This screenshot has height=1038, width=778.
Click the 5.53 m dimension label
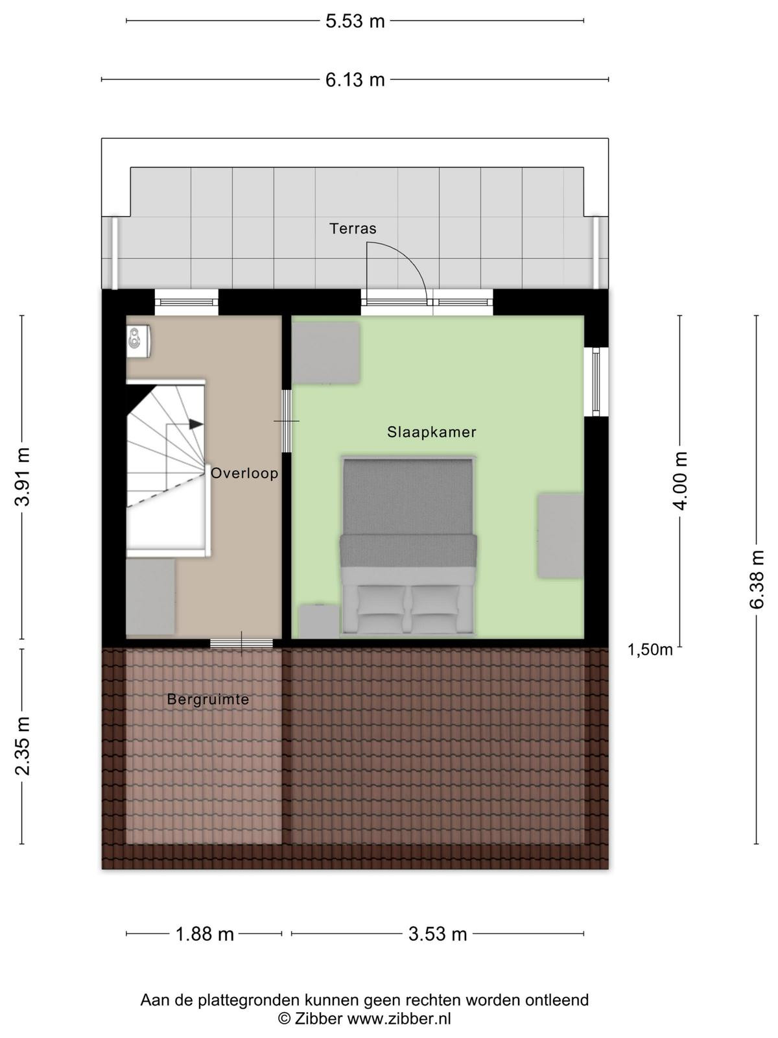point(355,21)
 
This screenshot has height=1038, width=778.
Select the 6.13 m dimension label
point(355,80)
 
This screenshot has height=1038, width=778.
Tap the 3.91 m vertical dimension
point(23,476)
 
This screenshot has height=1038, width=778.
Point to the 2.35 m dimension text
point(23,746)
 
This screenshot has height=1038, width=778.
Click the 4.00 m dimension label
point(679,481)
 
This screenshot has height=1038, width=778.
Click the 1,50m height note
point(650,650)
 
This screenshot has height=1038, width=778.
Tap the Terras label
point(353,228)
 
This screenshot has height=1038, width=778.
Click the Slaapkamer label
point(432,432)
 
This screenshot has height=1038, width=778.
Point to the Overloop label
point(244,473)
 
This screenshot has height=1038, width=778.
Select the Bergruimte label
point(208,699)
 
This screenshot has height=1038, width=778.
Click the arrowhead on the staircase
point(196,424)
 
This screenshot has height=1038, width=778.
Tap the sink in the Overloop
point(138,339)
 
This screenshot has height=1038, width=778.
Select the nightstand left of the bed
point(320,621)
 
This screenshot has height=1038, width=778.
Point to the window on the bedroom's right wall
point(596,381)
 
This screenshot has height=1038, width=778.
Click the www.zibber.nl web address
point(399,1018)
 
